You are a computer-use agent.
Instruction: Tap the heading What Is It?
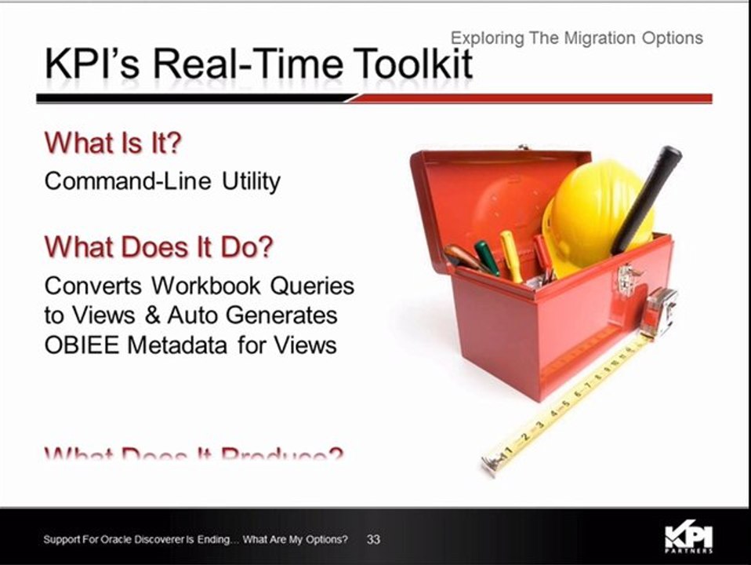[113, 144]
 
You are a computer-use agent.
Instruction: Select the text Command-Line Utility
[162, 181]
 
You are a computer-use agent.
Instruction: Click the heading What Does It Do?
[159, 246]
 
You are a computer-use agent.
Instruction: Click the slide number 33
[373, 540]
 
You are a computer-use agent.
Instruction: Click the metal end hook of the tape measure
[490, 464]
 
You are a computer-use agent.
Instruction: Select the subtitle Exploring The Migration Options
[576, 38]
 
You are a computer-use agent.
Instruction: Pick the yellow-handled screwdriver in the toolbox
[511, 255]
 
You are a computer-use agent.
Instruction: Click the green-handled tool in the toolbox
[487, 257]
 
